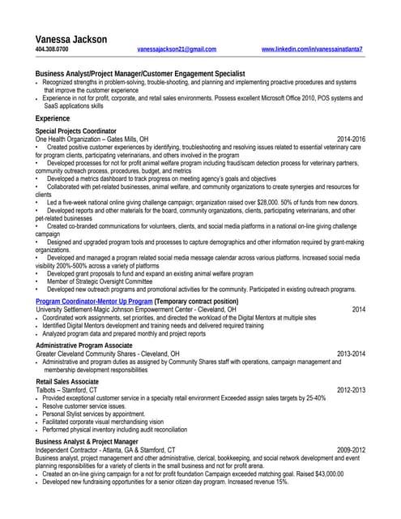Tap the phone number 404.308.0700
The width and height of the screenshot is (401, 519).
coord(52,49)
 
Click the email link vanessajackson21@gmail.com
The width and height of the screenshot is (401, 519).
coord(177,49)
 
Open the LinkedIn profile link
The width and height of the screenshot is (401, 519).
coord(312,49)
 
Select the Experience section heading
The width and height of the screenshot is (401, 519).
coord(53,118)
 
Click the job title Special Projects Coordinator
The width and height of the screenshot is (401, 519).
coord(76,131)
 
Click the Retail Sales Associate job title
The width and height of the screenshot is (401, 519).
coord(67,381)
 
